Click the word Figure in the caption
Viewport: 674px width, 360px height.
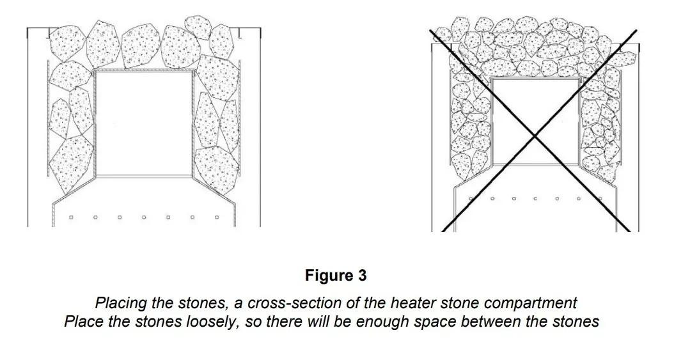click(x=329, y=276)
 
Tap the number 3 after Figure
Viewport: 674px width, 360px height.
click(x=362, y=276)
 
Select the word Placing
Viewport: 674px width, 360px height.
click(x=121, y=303)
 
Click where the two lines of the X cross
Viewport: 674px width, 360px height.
click(x=535, y=136)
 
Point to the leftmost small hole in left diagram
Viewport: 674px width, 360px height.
click(x=72, y=217)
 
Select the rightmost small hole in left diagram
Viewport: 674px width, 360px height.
click(x=217, y=217)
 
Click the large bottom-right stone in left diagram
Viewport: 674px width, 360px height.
click(x=217, y=168)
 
